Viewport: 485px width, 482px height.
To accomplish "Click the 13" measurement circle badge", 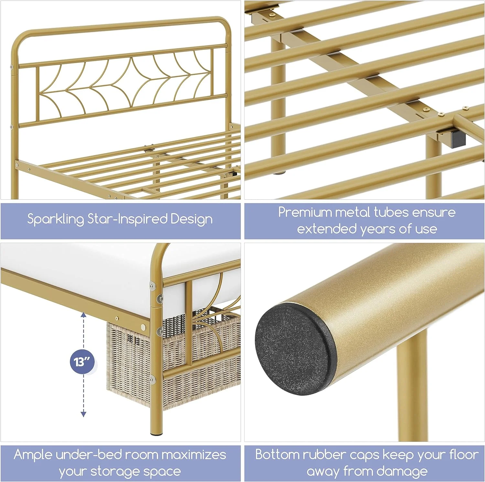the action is pos(81,361).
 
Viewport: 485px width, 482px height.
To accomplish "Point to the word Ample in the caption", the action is pos(33,455).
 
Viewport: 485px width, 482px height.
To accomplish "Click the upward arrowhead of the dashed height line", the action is pos(83,315).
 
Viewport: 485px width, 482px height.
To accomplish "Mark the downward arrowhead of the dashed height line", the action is pos(83,414).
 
